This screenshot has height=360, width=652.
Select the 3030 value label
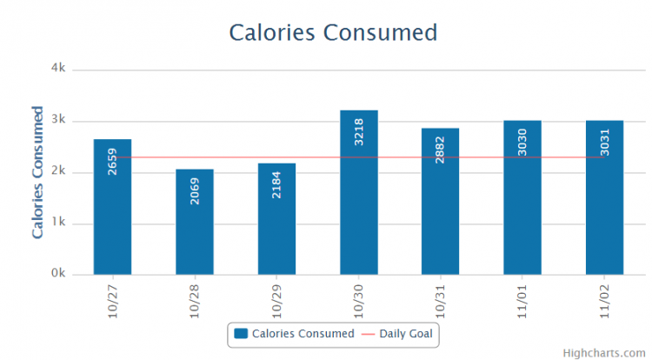point(523,142)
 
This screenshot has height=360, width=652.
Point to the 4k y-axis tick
point(60,68)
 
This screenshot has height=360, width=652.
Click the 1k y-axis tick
point(60,223)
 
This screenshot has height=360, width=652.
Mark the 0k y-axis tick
point(60,274)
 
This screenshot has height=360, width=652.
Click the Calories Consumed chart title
point(332,32)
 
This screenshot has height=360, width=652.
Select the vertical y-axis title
point(37,172)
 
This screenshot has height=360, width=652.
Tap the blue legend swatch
point(242,333)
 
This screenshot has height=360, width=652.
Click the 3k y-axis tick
point(60,120)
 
